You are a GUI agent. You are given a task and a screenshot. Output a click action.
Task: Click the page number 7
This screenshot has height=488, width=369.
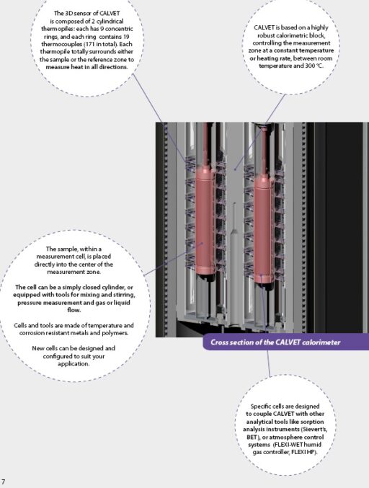[4, 481]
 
